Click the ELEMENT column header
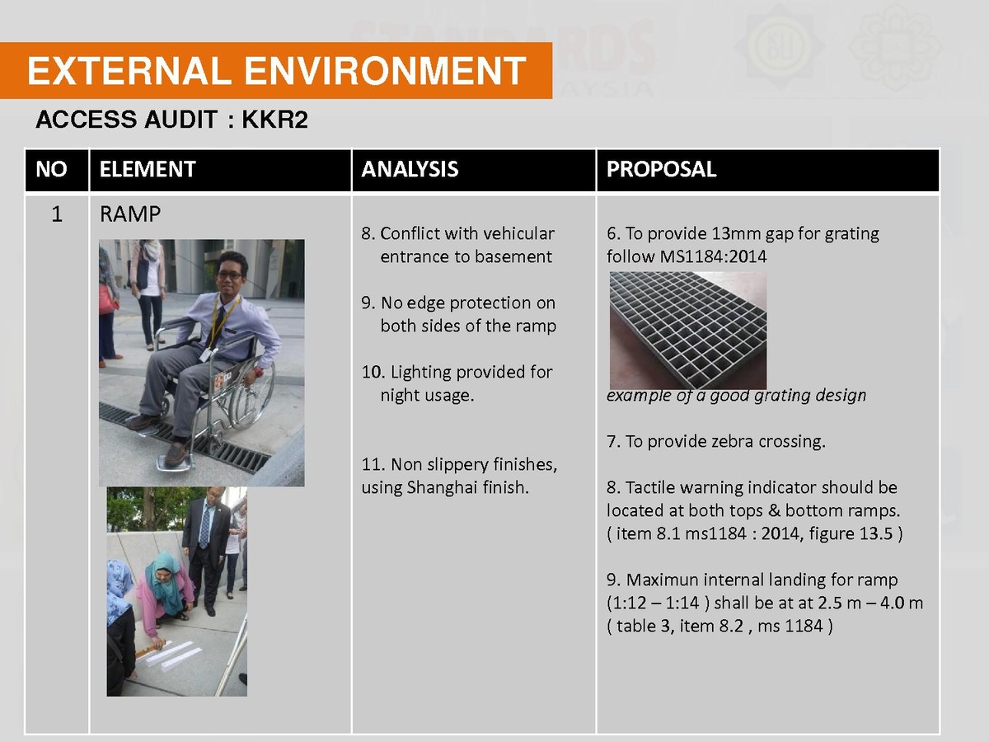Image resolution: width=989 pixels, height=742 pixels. [x=148, y=169]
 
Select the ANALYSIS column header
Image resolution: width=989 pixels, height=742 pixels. [x=410, y=169]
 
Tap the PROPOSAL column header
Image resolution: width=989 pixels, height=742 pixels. [x=661, y=169]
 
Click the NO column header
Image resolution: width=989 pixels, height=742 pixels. [x=51, y=169]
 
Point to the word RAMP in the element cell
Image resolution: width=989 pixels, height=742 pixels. [x=130, y=214]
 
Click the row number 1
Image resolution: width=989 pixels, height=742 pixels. [x=57, y=214]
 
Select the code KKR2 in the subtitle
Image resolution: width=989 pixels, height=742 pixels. [x=274, y=120]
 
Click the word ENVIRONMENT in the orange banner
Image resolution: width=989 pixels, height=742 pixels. [x=385, y=71]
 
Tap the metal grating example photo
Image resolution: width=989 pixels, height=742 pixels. [x=688, y=331]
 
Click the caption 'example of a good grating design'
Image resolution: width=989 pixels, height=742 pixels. [x=736, y=395]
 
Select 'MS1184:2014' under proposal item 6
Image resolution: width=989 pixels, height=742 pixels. [x=713, y=256]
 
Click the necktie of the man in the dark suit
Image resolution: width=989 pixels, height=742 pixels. [x=205, y=527]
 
